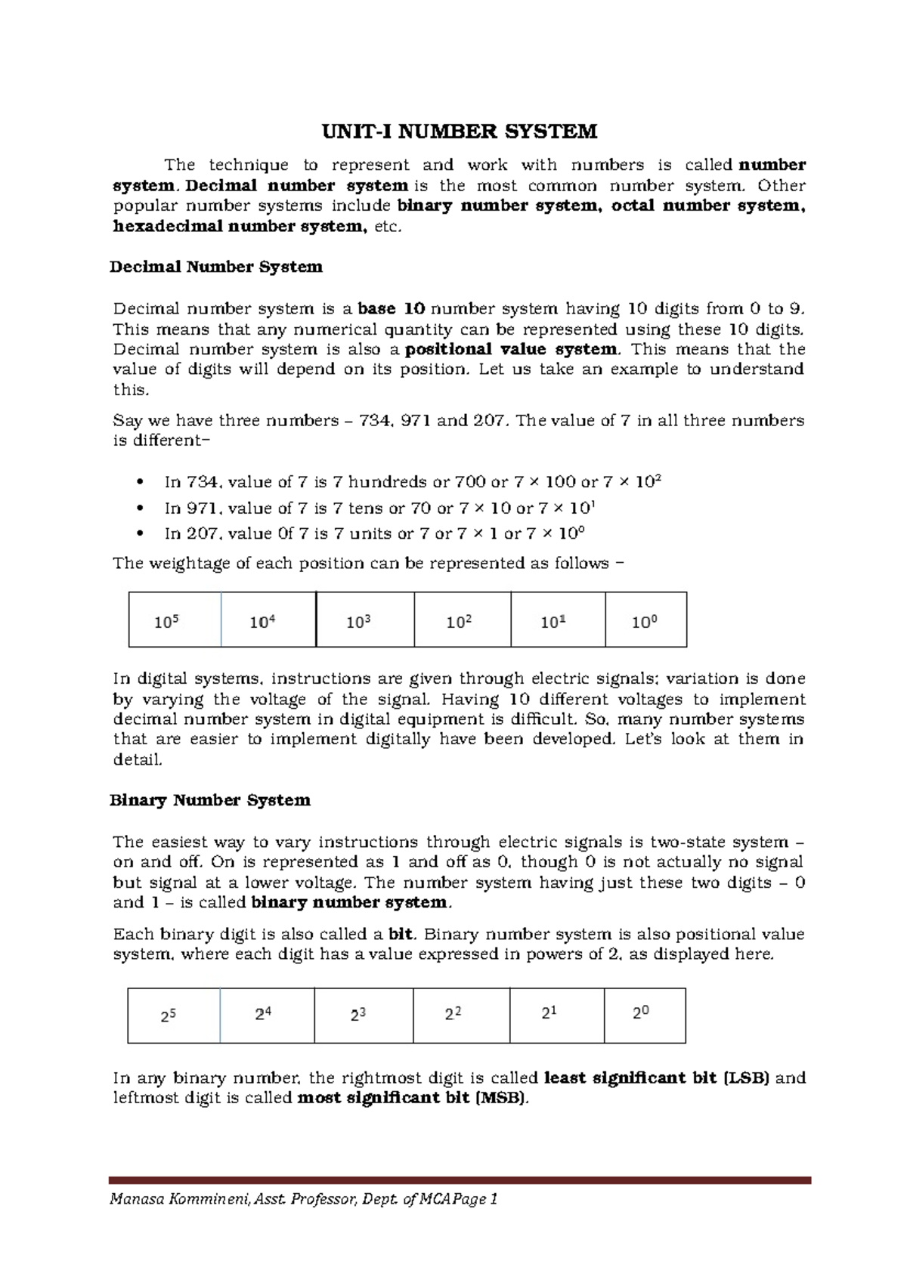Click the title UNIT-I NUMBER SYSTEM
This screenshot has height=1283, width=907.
pos(460,132)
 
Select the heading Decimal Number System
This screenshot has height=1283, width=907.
pos(216,267)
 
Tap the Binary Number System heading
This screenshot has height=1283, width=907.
pos(210,800)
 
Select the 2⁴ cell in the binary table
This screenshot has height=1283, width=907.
pos(264,1015)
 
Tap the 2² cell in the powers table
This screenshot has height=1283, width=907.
pos(453,1015)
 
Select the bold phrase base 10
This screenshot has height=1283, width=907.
pos(392,308)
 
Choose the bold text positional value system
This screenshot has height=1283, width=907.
pos(512,349)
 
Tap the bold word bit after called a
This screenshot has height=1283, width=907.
pos(400,934)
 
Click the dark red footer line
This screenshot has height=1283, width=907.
pos(460,1179)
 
